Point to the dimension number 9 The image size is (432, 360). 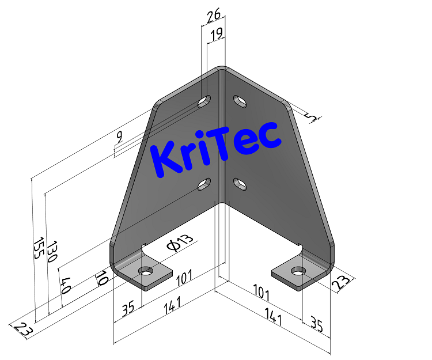(x=119, y=137)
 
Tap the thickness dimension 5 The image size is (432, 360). (x=312, y=118)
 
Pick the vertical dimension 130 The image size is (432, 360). (x=52, y=251)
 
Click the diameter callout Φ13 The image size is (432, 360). (x=181, y=244)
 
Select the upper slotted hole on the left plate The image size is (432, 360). (x=204, y=103)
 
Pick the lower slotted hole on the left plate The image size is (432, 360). (x=204, y=184)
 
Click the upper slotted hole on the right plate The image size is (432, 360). (x=240, y=101)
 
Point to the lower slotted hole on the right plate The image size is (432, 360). (x=240, y=184)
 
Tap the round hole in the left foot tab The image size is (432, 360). (x=146, y=271)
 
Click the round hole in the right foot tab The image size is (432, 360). (x=298, y=271)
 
